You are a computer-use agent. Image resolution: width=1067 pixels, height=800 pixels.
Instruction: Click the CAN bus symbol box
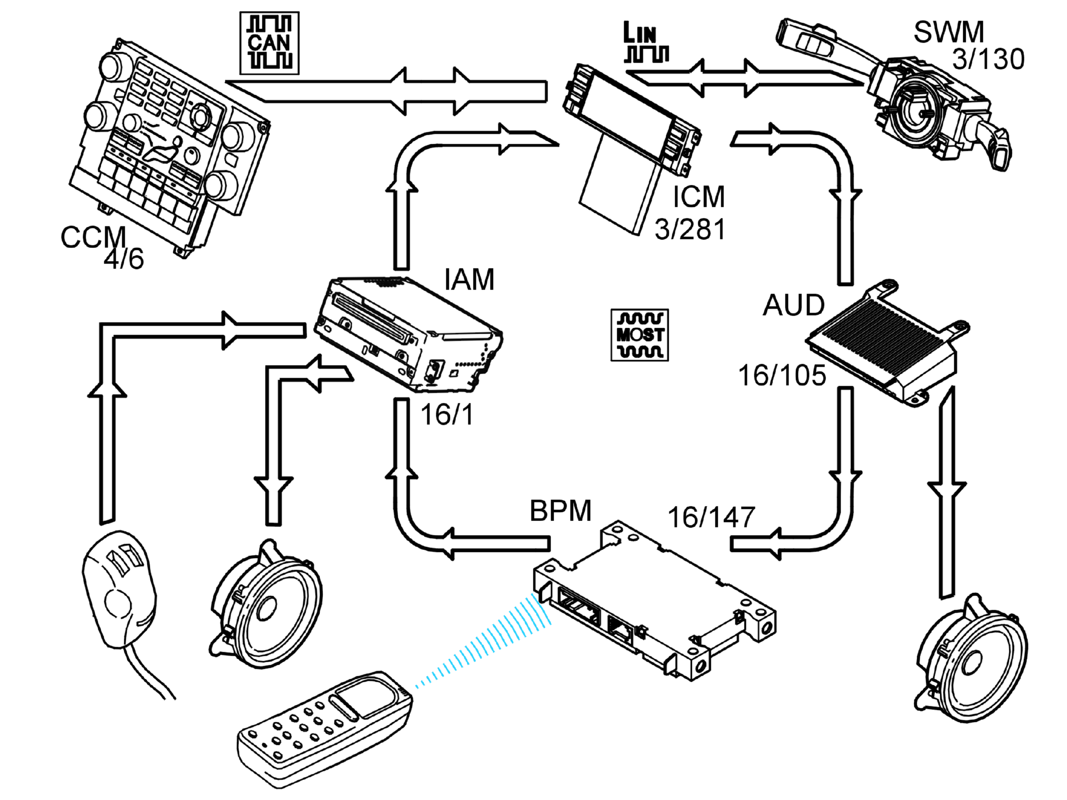click(270, 43)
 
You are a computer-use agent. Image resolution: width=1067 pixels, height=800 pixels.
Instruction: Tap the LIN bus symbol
click(646, 42)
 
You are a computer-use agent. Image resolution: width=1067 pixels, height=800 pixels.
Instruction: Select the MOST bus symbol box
click(640, 335)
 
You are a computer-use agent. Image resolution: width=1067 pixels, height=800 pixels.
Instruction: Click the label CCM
click(94, 237)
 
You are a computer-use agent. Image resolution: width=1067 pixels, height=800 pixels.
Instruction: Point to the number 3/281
click(690, 230)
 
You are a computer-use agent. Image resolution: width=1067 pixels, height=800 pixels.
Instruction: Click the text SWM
click(949, 32)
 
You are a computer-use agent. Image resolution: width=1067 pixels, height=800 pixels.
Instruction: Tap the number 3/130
click(988, 60)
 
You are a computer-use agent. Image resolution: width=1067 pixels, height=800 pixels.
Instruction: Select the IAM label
click(469, 279)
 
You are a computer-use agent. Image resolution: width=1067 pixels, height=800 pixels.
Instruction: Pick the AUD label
click(793, 305)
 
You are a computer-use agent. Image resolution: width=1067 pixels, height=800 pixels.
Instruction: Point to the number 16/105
click(782, 375)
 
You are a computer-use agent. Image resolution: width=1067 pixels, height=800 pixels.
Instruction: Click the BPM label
click(561, 510)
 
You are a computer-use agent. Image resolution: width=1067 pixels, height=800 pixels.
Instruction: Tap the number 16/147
click(711, 517)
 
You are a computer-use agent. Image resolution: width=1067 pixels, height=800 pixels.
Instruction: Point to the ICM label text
click(699, 196)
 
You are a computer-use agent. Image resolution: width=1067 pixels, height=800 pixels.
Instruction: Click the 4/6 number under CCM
click(124, 259)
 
